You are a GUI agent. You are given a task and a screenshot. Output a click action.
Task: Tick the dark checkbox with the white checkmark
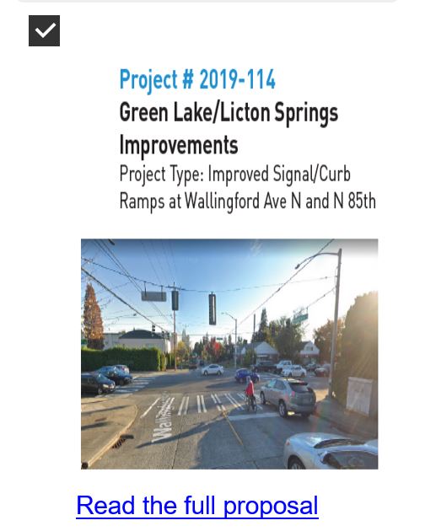[44, 30]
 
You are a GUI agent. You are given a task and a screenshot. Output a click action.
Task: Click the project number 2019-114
[237, 79]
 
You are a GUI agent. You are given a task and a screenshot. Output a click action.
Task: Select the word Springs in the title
[306, 113]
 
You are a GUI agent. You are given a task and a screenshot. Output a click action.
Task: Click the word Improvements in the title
[179, 145]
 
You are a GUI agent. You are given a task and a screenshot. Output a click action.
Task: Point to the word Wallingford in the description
[222, 201]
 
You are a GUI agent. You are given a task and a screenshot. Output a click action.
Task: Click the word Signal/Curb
[311, 174]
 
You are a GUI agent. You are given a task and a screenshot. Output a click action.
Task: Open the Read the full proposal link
[197, 506]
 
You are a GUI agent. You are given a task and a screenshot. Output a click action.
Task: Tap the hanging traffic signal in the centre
[212, 309]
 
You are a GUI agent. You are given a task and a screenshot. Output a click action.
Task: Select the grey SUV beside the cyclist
[288, 397]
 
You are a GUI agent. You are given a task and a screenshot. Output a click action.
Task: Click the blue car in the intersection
[246, 375]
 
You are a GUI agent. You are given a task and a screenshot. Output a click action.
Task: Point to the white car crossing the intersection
[212, 369]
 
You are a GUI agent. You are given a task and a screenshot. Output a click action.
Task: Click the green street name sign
[300, 319]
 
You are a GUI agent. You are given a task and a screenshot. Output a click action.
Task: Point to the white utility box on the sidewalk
[359, 395]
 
